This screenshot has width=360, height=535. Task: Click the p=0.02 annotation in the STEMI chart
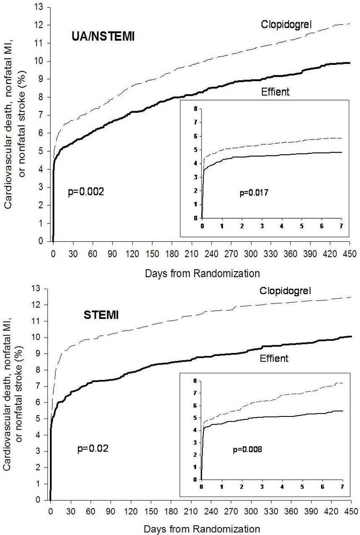tap(93, 449)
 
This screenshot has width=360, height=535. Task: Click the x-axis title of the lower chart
tap(202, 529)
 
